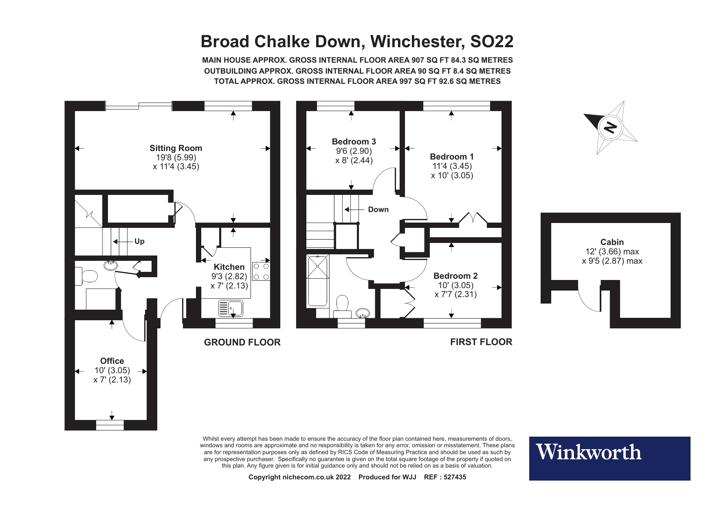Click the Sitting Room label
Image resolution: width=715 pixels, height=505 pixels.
(176, 148)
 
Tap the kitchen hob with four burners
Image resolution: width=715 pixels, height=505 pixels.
(261, 271)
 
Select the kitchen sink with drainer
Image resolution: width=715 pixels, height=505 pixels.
(231, 308)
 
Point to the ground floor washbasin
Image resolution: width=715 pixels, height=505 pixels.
(110, 265)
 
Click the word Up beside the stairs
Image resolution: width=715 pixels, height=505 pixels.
(139, 241)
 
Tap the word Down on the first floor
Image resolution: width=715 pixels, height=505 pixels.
(378, 210)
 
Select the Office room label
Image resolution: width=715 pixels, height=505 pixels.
(112, 361)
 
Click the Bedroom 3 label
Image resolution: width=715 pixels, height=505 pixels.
(354, 142)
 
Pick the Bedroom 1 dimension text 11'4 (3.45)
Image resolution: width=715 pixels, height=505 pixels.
(452, 166)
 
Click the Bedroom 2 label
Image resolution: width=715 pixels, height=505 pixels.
(455, 275)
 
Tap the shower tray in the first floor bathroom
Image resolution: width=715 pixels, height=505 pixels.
(318, 267)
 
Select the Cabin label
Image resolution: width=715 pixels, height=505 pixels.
(612, 242)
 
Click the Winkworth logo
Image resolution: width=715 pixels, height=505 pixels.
(609, 459)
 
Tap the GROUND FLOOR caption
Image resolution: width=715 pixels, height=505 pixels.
(242, 343)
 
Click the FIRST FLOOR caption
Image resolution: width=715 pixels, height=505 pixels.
(481, 342)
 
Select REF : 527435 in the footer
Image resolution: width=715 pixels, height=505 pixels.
(445, 477)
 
